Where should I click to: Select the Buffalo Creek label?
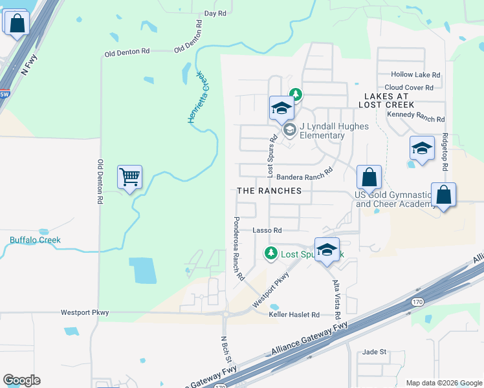point(35,240)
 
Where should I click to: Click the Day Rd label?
point(215,13)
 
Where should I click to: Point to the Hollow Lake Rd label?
point(415,75)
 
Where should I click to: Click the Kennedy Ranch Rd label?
point(415,119)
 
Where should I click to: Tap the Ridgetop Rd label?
point(445,152)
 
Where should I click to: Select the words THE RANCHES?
point(269,191)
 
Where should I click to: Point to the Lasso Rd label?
point(267,230)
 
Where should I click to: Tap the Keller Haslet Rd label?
point(294,315)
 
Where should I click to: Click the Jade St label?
point(374,352)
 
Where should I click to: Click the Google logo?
point(21,380)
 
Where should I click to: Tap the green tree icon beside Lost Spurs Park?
point(272,253)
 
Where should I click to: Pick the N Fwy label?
point(29,65)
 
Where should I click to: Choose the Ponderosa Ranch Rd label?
point(237,248)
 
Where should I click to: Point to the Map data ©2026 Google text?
point(443,383)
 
